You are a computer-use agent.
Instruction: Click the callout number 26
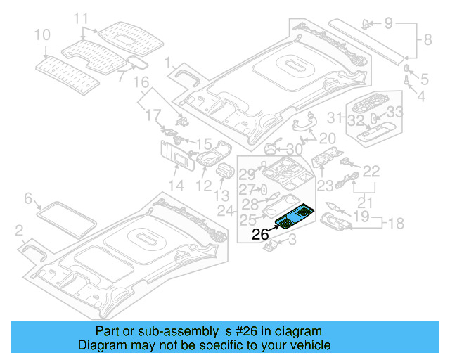(260, 235)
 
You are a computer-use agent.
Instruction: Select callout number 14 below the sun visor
(176, 186)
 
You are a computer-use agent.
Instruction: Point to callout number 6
(29, 199)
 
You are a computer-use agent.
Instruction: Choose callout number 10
(42, 34)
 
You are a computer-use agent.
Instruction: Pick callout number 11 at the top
(82, 18)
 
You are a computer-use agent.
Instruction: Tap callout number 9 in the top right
(388, 24)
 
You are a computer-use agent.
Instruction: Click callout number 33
(395, 111)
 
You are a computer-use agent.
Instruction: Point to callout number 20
(328, 138)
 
